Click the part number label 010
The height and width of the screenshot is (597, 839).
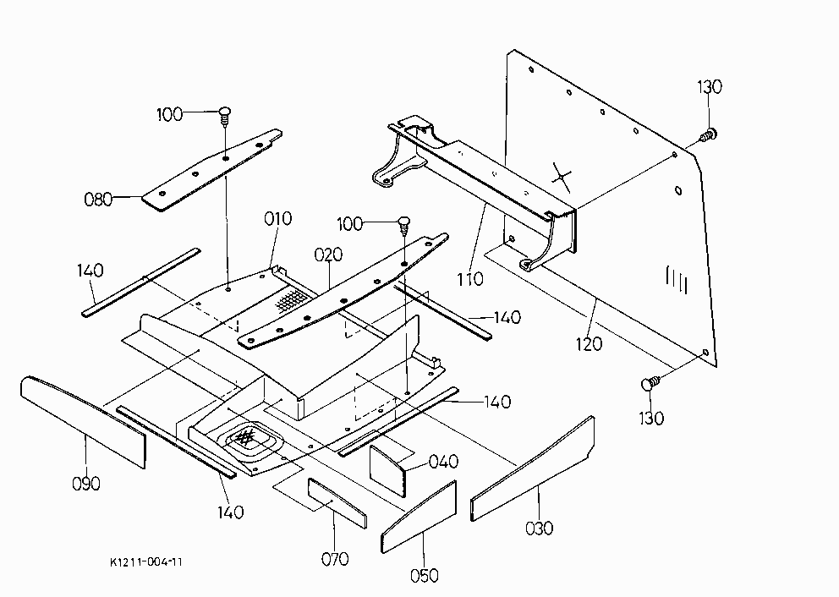point(278,218)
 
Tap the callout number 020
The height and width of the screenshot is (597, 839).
point(328,255)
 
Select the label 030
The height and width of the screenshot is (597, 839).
point(539,529)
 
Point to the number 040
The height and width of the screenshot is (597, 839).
point(443,461)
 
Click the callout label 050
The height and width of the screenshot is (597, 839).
point(425,576)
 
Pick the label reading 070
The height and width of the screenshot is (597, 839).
point(335,559)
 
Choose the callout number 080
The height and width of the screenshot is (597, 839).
point(98,200)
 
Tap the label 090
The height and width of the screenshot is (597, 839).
point(86,484)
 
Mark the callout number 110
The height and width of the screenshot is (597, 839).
point(469,279)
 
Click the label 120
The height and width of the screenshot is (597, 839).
point(589,344)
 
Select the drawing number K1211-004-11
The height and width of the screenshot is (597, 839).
point(146,561)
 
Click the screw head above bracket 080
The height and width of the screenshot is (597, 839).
point(225,112)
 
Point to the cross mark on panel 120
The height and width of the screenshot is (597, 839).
point(562,177)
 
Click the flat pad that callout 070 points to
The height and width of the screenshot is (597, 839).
point(337,503)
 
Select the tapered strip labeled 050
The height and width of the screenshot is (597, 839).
point(419,517)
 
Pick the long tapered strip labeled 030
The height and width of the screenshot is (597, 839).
point(533,468)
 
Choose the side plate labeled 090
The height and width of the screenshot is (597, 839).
point(83,422)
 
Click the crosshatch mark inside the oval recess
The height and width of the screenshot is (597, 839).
point(245,437)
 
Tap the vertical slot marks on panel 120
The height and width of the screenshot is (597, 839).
point(677,280)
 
